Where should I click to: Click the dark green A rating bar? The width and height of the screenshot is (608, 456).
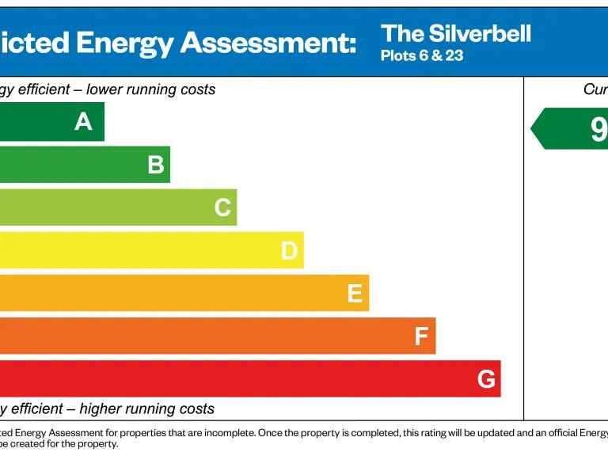[47, 122]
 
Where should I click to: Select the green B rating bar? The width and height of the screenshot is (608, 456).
[79, 165]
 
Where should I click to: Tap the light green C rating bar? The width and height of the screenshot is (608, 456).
[111, 207]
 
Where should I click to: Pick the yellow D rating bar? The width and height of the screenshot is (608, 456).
[142, 250]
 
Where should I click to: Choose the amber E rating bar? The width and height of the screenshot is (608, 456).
[174, 293]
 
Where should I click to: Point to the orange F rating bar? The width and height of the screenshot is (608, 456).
[206, 336]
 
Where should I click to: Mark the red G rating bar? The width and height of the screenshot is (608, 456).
[237, 378]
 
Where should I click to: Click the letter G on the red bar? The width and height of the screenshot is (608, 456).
[486, 380]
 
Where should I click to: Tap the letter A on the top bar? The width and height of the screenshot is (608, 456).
[83, 122]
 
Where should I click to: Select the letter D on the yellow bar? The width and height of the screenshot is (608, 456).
[289, 251]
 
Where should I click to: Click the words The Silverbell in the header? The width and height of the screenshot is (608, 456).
[455, 33]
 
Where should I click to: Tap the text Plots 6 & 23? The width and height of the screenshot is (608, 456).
[422, 56]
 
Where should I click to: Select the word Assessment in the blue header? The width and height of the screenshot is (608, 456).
[268, 43]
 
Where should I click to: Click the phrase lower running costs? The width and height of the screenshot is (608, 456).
[150, 89]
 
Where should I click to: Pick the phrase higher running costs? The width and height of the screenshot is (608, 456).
[146, 409]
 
